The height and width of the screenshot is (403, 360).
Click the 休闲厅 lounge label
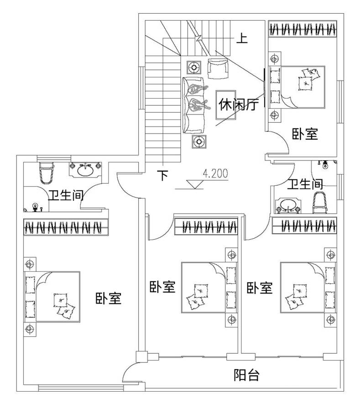click(x=239, y=105)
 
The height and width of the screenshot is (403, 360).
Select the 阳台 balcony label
click(x=246, y=375)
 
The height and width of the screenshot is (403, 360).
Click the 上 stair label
click(x=242, y=38)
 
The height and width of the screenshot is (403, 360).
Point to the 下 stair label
click(x=163, y=175)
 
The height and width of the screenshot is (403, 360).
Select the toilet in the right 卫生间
click(x=320, y=202)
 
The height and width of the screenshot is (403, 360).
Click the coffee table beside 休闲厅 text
click(x=225, y=104)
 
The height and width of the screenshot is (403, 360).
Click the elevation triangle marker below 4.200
click(x=196, y=184)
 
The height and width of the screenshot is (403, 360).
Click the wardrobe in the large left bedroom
click(x=66, y=226)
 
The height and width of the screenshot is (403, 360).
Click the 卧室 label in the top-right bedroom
click(x=305, y=134)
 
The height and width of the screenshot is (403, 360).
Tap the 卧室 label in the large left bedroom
click(x=108, y=298)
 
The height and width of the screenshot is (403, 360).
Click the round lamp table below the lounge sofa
click(x=198, y=142)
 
